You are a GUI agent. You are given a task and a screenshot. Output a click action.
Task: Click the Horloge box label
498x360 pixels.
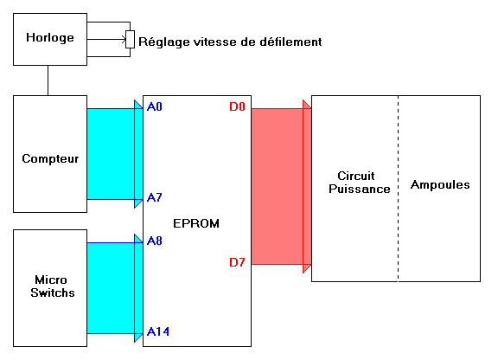50,38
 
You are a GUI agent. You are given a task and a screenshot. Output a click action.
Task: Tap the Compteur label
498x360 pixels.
50,158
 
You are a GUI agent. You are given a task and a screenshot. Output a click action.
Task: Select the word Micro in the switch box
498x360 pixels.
51,280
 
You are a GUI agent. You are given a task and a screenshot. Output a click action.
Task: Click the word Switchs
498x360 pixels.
53,292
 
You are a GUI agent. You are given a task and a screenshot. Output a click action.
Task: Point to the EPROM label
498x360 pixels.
196,223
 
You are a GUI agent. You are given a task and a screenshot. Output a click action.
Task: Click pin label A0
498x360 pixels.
155,106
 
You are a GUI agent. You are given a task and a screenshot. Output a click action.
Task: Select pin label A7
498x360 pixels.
155,197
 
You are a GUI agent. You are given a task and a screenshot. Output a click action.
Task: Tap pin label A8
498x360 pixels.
155,241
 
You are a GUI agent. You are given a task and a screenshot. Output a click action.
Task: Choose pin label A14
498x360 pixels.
158,331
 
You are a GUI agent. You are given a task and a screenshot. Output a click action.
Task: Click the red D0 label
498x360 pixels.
237,106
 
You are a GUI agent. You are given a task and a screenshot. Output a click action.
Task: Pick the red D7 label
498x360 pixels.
237,262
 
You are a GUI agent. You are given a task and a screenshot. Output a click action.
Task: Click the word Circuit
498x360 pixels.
355,176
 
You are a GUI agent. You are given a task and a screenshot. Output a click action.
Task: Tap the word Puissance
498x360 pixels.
359,189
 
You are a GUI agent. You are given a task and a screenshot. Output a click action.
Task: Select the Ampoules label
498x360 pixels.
440,185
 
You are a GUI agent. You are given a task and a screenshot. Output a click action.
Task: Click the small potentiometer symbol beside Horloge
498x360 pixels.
130,40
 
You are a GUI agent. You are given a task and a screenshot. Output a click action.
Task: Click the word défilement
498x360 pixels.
290,42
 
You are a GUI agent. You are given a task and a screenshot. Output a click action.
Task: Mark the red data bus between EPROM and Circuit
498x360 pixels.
281,186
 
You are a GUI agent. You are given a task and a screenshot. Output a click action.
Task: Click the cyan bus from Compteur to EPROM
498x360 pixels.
115,154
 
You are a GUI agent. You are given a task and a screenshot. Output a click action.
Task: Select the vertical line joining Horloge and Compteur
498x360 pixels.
48,80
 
